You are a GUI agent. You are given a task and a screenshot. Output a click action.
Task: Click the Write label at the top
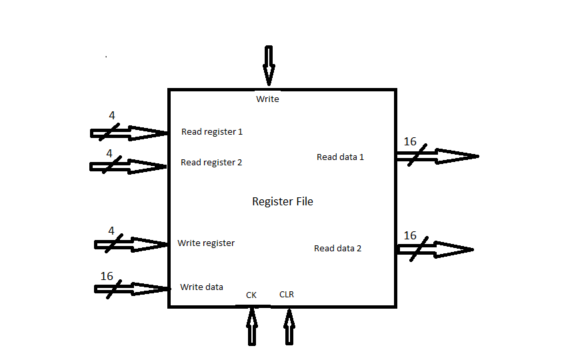[x=267, y=99]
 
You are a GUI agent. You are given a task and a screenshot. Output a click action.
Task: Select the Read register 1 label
[x=212, y=132]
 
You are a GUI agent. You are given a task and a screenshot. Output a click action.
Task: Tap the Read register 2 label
[x=211, y=163]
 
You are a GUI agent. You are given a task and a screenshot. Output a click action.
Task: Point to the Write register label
[x=206, y=243]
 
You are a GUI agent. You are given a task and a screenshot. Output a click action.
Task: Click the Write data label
[x=201, y=287]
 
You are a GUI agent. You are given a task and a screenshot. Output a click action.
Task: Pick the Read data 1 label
[x=340, y=157]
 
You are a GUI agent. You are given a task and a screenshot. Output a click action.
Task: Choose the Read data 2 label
[x=337, y=249]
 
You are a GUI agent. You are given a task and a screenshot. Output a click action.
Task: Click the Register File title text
[x=282, y=201]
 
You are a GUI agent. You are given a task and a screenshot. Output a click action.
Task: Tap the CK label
[x=251, y=295]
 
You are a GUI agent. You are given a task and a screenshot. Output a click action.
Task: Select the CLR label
[x=287, y=294]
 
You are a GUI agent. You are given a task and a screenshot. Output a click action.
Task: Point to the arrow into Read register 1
[x=129, y=133]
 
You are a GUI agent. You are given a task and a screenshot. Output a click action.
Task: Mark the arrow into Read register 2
[x=129, y=165]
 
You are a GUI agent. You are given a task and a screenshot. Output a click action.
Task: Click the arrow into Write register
[x=131, y=245]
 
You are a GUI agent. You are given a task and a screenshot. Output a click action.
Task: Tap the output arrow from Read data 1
[x=437, y=157]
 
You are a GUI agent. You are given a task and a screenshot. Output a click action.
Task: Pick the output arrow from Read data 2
[x=435, y=249]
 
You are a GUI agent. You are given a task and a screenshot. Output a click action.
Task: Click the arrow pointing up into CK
[x=252, y=326]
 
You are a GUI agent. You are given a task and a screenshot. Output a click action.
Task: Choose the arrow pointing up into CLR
[x=289, y=326]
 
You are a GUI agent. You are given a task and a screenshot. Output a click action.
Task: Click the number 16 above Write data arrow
[x=107, y=276]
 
